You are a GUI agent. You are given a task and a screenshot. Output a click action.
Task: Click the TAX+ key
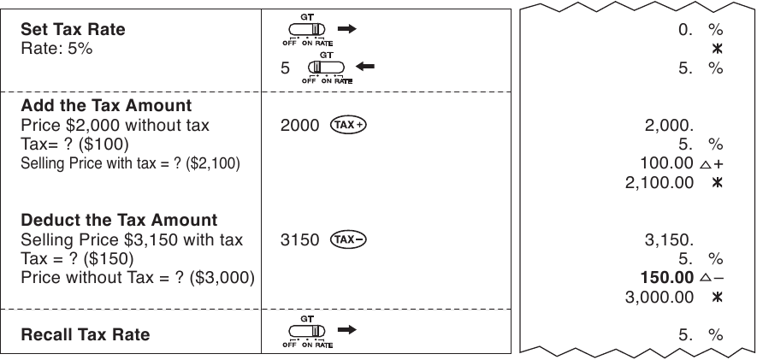(348, 125)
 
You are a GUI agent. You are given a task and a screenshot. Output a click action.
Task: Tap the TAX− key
(348, 239)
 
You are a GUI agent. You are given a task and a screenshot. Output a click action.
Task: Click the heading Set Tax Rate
(73, 29)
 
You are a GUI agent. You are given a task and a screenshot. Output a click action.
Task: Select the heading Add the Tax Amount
(106, 105)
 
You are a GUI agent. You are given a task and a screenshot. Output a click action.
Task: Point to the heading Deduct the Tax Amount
(119, 220)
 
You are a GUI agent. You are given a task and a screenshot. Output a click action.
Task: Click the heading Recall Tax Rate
(86, 334)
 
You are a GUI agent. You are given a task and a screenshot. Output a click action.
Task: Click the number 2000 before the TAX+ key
(300, 126)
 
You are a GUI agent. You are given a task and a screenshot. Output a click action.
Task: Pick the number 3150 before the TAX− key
(300, 239)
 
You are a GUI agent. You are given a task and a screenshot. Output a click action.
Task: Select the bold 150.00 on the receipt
(666, 277)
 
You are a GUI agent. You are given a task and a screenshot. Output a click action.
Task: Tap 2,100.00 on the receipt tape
(659, 182)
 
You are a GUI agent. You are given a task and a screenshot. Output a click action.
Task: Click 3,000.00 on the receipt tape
(659, 297)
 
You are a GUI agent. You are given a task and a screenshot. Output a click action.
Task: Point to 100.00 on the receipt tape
(666, 163)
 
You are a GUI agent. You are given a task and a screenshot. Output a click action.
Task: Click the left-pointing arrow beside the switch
(364, 66)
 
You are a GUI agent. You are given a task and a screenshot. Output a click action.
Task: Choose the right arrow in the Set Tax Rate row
(347, 29)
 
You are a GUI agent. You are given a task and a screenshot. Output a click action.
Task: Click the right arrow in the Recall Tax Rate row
(347, 329)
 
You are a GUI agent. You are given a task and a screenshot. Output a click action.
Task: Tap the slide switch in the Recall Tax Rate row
(307, 331)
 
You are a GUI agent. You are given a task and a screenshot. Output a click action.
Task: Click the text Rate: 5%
(56, 49)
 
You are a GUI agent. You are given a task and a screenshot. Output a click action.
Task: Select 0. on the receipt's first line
(685, 30)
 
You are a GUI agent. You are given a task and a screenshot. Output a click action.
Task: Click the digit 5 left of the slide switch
(286, 68)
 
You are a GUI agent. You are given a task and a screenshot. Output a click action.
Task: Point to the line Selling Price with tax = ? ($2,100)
(130, 163)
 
